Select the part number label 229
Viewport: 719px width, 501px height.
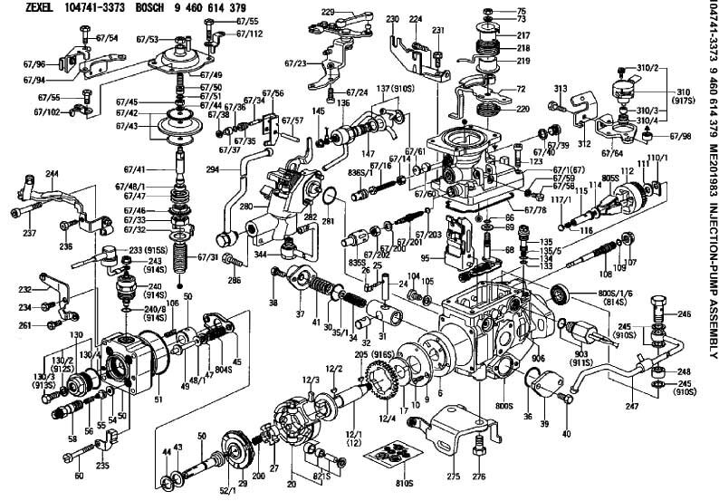328,11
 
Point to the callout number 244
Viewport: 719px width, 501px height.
52,173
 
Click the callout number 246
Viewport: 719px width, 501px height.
684,313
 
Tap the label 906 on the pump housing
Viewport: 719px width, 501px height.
538,359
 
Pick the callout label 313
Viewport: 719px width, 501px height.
561,88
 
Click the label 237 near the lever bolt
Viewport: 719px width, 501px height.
30,233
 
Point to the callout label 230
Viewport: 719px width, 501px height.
391,19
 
